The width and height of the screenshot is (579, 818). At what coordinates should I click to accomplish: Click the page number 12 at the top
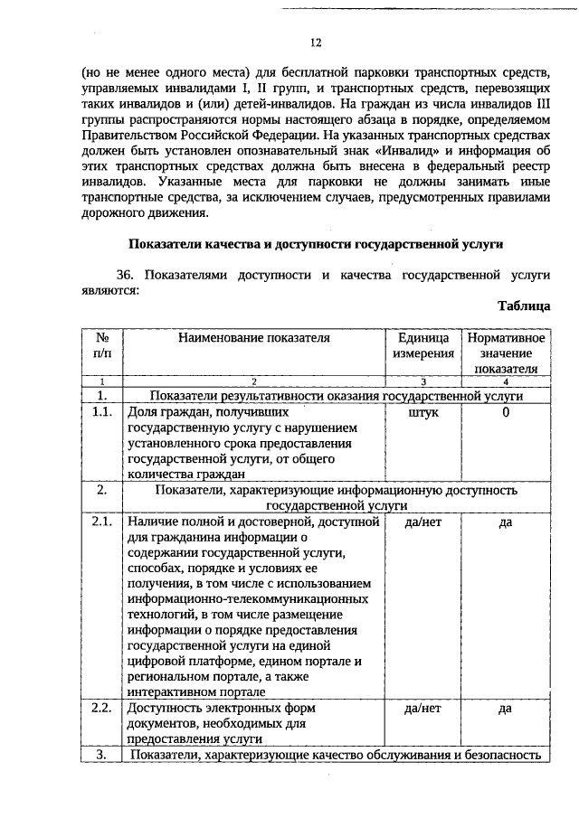315,42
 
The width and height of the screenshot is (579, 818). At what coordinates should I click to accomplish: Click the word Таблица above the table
523,306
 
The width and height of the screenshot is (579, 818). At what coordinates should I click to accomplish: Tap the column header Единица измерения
423,345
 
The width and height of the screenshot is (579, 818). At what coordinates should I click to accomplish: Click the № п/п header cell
102,345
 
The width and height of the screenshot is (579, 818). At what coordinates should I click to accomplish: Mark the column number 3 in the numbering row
423,382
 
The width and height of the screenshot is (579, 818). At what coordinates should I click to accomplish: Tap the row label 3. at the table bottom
102,755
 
